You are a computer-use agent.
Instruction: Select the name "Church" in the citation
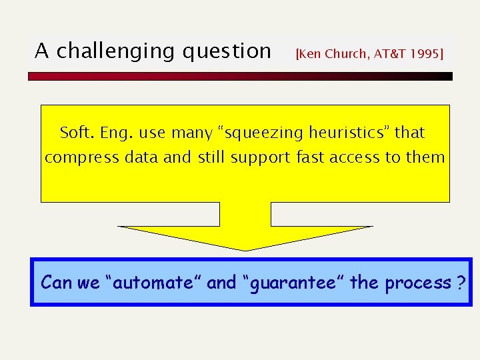point(347,54)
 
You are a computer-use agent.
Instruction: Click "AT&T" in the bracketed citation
point(388,54)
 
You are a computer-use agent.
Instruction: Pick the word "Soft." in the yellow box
point(77,133)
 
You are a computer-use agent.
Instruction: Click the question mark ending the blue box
point(461,283)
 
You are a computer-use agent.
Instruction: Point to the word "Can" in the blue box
point(56,283)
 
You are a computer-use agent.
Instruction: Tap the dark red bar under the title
point(240,77)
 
